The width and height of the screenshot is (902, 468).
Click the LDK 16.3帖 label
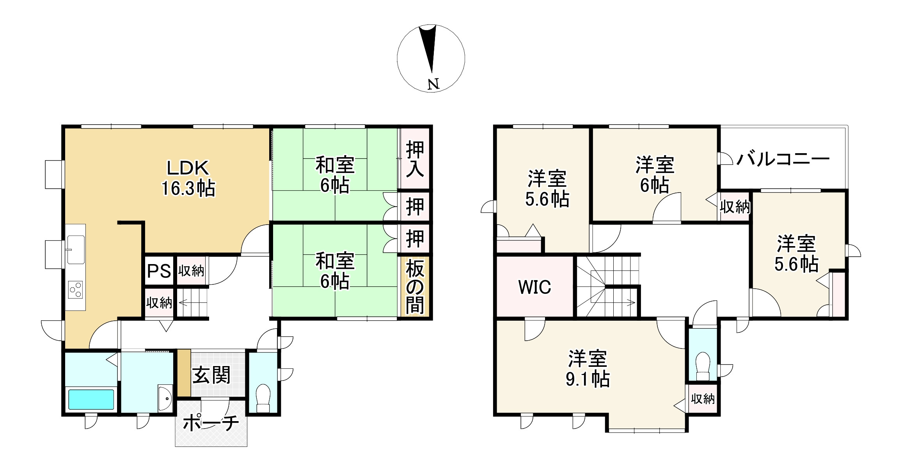(188, 178)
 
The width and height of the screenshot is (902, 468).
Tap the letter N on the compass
(433, 84)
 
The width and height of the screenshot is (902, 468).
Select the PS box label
(159, 271)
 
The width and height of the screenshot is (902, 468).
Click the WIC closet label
(534, 288)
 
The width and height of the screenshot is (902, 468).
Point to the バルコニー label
(783, 159)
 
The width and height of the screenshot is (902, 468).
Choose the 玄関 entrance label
(211, 375)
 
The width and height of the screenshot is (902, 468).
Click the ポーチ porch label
(211, 423)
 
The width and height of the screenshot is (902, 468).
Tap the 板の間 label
(415, 287)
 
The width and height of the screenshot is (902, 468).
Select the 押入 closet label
(415, 159)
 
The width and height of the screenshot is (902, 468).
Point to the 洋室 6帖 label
(655, 175)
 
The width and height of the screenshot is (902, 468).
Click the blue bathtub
(91, 399)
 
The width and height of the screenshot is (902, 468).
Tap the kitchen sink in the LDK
(76, 249)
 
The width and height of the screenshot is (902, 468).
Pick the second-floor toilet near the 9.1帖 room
(703, 366)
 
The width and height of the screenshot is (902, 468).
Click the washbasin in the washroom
(165, 398)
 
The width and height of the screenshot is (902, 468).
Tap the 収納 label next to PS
(191, 271)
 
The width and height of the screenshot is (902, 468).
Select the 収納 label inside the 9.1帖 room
(703, 398)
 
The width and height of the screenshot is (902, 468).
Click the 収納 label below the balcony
(735, 207)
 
